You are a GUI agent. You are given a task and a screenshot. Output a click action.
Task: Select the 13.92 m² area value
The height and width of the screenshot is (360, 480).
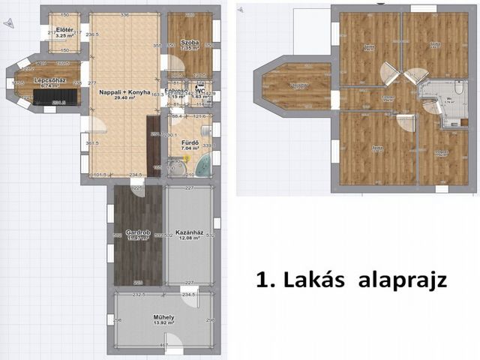(x=163, y=324)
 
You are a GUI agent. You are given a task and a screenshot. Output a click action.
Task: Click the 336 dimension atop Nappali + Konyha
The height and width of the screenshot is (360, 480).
(x=124, y=15)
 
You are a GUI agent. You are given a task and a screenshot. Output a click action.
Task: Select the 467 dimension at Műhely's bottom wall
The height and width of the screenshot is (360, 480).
(x=163, y=345)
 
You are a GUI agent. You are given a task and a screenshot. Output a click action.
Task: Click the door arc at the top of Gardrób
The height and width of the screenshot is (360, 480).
(x=137, y=190)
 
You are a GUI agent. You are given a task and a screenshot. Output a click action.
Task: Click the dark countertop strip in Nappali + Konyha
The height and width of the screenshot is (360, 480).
(x=153, y=146)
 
